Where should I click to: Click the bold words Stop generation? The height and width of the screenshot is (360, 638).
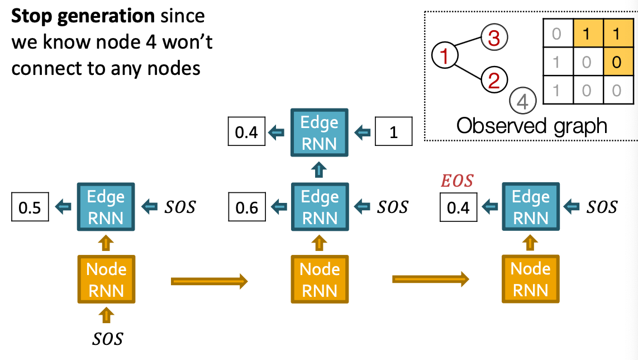(83, 16)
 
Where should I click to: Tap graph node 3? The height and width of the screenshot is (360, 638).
(494, 39)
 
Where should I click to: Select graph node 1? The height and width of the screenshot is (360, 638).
(445, 55)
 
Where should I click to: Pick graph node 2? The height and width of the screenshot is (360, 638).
(494, 80)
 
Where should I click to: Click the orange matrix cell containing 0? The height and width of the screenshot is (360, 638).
(616, 61)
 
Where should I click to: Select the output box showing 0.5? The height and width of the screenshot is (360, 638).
(30, 207)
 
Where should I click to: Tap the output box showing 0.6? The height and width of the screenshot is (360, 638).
(246, 207)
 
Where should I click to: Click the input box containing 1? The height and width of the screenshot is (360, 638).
(394, 133)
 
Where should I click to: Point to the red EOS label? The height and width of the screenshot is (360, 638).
(457, 181)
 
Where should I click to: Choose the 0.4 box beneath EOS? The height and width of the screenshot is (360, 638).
(458, 207)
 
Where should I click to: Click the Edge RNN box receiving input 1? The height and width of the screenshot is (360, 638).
(319, 133)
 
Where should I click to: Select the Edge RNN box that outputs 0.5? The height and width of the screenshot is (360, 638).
(106, 207)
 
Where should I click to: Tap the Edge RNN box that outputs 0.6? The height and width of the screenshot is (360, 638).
(319, 207)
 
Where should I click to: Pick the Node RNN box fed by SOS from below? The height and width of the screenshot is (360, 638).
(106, 280)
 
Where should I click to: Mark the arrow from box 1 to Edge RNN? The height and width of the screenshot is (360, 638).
(363, 133)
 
